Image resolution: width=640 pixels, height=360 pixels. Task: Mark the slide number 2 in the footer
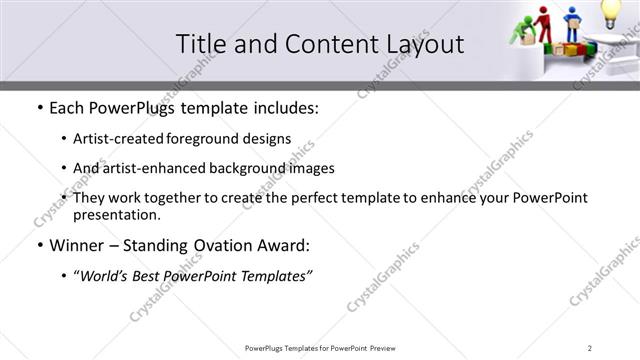590,347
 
